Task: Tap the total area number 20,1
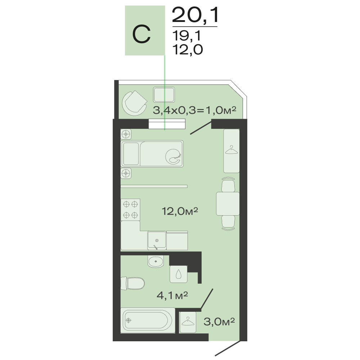click(x=195, y=15)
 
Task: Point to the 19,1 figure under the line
click(x=186, y=36)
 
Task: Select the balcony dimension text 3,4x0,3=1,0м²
click(x=194, y=111)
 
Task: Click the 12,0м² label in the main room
click(x=180, y=211)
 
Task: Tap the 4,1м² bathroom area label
click(x=172, y=295)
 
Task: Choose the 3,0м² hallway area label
click(x=219, y=321)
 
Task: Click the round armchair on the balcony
click(x=135, y=103)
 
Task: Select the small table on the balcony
click(x=164, y=95)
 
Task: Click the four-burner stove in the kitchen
click(x=130, y=210)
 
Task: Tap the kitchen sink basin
click(x=157, y=240)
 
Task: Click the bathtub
click(x=148, y=320)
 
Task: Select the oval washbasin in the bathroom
click(x=156, y=261)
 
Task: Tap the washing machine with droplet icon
click(x=179, y=274)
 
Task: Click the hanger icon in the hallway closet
click(x=188, y=321)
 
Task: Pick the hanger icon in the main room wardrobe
click(x=231, y=150)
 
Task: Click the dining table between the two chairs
click(x=228, y=204)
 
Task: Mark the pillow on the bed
click(x=131, y=154)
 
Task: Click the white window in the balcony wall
click(x=167, y=124)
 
